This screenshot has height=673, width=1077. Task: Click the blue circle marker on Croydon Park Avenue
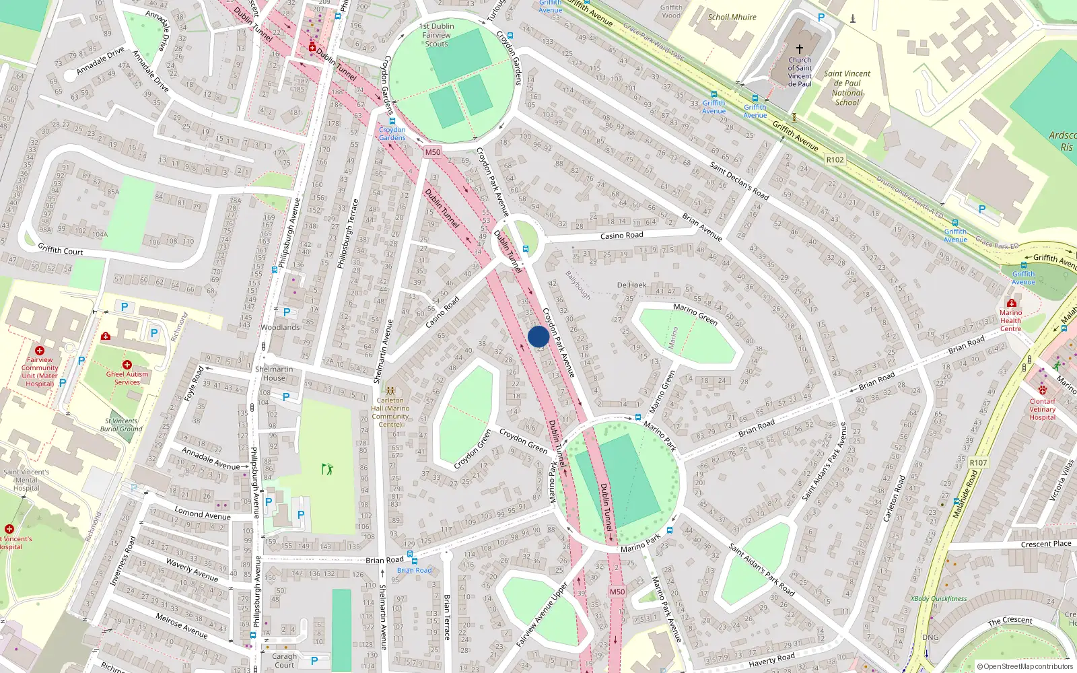pos(538,336)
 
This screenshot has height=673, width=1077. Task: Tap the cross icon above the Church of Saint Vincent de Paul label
pos(800,49)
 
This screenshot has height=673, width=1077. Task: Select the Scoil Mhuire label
pos(732,17)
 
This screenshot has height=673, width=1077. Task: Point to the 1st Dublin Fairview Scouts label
pos(437,35)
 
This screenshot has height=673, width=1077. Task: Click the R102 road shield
pos(835,160)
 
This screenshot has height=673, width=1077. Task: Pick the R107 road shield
pos(978,462)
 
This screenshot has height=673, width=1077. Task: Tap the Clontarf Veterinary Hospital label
pos(1042,409)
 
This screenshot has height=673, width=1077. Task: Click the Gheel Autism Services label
pos(127,378)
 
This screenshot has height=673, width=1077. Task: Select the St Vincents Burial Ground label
pos(122,425)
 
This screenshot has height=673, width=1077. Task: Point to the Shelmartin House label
pos(274,374)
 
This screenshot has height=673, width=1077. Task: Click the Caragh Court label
pos(284,660)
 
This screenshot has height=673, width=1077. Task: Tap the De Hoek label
pos(631,285)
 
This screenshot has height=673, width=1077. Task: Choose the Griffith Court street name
pos(61,250)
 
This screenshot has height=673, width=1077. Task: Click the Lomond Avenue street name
pos(203,513)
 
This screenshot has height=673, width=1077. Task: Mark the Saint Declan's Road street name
pos(739,180)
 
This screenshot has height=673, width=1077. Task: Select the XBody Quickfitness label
pos(938,598)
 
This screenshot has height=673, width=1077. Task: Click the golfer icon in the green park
pos(327,469)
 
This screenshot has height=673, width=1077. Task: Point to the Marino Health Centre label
pos(1010,320)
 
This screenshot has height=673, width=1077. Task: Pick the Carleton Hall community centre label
pos(390,412)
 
